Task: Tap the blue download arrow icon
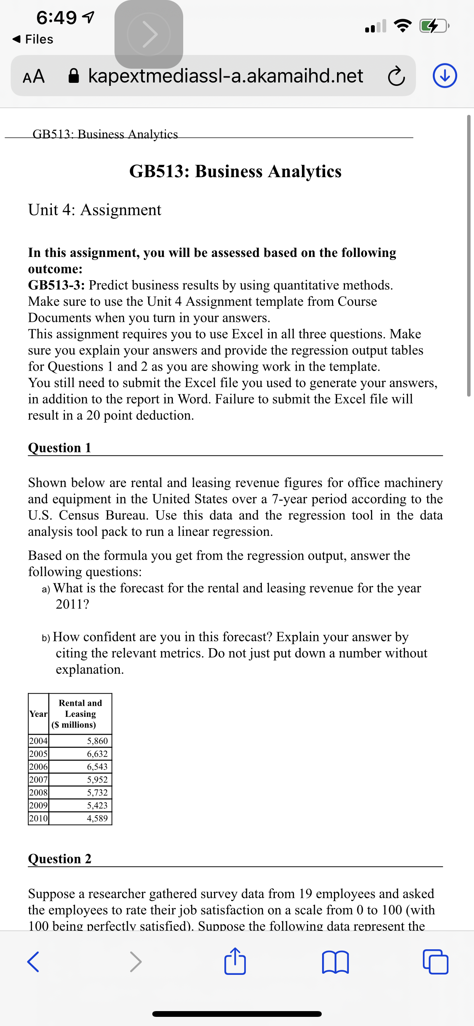pos(445,76)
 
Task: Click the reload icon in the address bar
pos(396,76)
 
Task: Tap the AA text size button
pos(34,76)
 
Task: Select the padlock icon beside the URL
pos(74,76)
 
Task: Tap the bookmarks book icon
pos(335,961)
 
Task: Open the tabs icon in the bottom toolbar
pos(435,961)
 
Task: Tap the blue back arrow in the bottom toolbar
pos(33,961)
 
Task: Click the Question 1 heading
pos(60,448)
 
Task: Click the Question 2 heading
pos(60,859)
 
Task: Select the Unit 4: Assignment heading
pos(94,210)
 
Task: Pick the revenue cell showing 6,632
pos(97,753)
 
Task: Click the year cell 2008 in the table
pos(38,792)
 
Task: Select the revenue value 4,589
pos(97,818)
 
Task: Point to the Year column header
pos(38,714)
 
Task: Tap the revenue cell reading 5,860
pos(97,741)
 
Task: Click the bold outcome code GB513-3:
pos(56,285)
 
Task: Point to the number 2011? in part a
pos(72,604)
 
